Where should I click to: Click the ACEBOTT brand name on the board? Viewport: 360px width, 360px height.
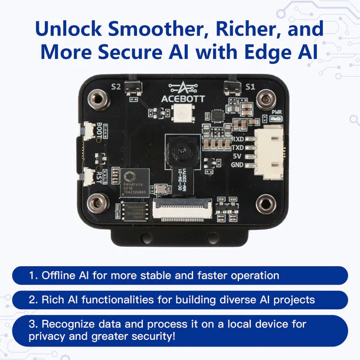pyautogui.click(x=182, y=99)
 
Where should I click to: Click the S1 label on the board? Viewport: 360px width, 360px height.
pyautogui.click(x=250, y=87)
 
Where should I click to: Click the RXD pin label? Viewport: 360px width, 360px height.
pyautogui.click(x=239, y=140)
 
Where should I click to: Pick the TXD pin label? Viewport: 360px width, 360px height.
pyautogui.click(x=239, y=148)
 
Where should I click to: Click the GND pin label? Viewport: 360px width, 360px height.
pyautogui.click(x=239, y=164)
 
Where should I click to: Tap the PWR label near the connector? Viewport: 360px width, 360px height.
pyautogui.click(x=276, y=112)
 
